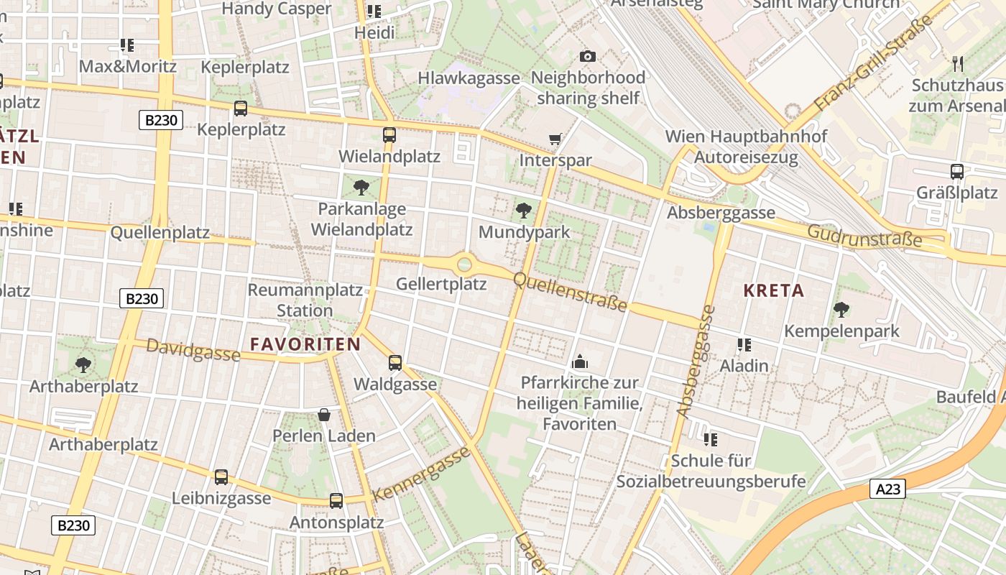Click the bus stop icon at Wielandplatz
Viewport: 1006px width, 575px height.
click(x=389, y=134)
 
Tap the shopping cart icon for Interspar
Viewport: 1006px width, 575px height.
click(x=555, y=139)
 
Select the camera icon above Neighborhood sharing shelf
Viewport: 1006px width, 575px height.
click(x=587, y=56)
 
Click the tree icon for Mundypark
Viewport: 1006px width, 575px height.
click(x=524, y=211)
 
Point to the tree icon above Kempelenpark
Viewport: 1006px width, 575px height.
click(x=841, y=310)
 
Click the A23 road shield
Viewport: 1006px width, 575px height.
click(x=887, y=489)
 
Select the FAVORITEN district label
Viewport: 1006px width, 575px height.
click(x=305, y=344)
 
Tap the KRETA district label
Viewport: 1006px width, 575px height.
click(x=774, y=290)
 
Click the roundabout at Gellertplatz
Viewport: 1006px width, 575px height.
click(x=465, y=264)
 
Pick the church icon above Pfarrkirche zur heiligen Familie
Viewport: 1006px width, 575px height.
click(x=579, y=362)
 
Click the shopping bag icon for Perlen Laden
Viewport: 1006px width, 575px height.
click(x=324, y=415)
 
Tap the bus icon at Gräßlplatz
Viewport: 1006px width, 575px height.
click(x=956, y=171)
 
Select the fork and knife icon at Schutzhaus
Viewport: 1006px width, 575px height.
click(x=957, y=63)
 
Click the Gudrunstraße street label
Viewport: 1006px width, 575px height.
click(x=864, y=235)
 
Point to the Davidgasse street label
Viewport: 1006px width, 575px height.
click(x=193, y=350)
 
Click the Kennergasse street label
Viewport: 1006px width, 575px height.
click(x=422, y=474)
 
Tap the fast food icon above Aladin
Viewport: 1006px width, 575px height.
click(x=744, y=345)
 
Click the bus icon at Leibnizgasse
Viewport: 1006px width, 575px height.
click(x=221, y=477)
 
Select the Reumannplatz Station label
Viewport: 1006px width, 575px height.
click(x=305, y=300)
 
